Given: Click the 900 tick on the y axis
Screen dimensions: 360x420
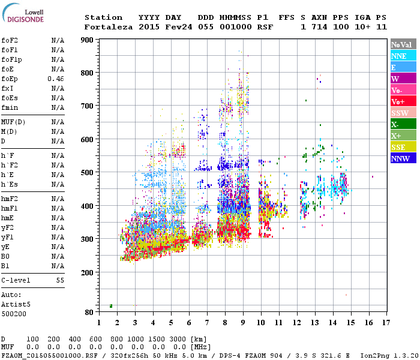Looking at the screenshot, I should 88,40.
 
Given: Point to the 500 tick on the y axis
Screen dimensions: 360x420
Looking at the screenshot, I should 88,173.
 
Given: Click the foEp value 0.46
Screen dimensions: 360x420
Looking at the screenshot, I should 56,79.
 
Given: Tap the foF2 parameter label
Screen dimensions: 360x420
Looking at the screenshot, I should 9,40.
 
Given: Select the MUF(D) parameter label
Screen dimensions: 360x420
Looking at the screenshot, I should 13,122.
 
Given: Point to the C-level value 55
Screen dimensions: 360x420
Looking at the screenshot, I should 60,280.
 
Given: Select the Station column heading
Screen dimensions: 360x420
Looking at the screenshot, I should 103,17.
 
